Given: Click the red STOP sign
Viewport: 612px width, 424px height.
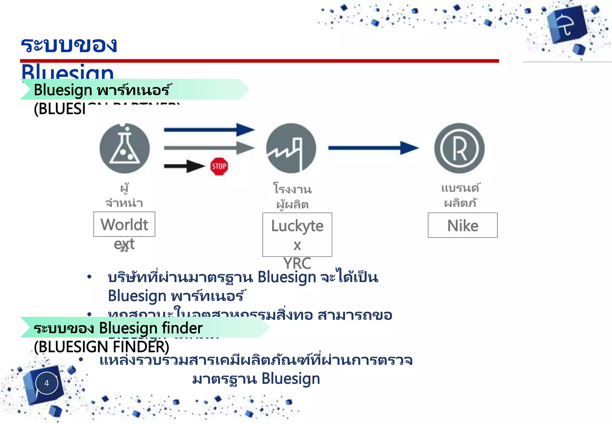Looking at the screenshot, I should coord(219,166).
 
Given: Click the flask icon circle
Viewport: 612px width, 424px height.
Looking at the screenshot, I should coord(125,148).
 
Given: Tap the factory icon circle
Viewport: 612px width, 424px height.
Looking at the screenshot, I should coord(291,148).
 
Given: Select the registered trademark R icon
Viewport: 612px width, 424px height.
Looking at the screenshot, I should coord(459,148).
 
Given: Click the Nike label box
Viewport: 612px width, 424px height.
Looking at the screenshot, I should coord(463,225).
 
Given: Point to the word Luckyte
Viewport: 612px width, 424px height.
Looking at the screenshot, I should coord(297,226).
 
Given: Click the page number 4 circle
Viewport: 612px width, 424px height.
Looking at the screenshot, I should coord(47,383).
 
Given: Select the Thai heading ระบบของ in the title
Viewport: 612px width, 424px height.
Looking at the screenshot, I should coord(69,45).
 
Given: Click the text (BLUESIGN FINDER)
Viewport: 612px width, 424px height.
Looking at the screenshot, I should coord(102,347).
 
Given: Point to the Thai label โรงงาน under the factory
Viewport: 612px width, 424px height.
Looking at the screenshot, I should coord(292,189).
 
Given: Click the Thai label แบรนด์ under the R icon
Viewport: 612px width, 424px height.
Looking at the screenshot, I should coord(460,188).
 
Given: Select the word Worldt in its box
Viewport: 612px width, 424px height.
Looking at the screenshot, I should coord(124,225).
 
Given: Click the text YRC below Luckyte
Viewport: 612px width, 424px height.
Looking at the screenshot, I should coord(297,263).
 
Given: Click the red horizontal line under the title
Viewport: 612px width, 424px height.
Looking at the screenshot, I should coord(259,61).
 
